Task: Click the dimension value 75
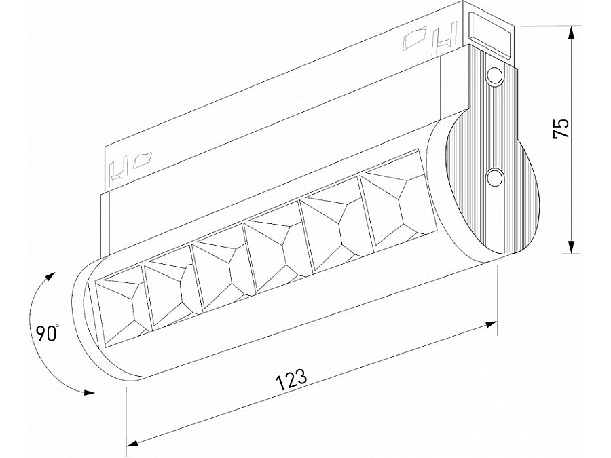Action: [561, 129]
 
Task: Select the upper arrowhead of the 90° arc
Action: [50, 275]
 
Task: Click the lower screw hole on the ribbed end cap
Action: [496, 178]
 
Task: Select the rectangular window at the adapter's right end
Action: [492, 35]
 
